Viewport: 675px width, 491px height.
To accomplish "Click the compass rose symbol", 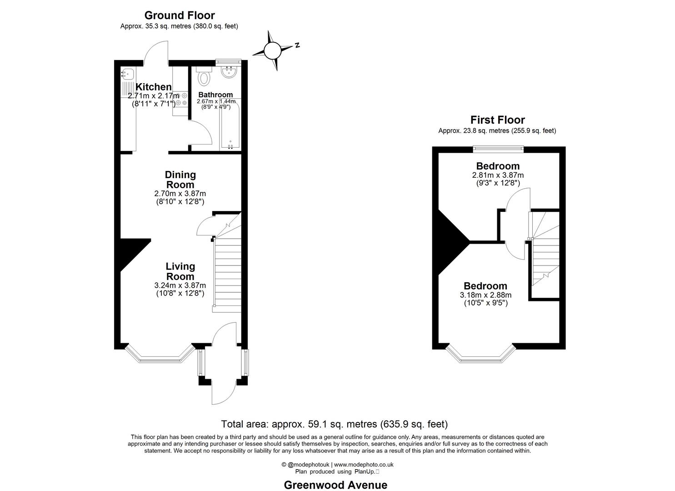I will pos(273,50).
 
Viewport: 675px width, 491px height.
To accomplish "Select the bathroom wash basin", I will pos(229,72).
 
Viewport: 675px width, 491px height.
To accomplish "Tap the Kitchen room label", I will pos(154,87).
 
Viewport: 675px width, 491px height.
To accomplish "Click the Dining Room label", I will pos(180,180).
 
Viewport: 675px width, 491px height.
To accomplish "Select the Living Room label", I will pos(180,271).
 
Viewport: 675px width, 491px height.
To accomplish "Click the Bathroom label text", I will pos(215,95).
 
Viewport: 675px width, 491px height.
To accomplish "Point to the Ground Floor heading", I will pos(179,15).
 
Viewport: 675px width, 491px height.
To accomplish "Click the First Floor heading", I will pos(497,120).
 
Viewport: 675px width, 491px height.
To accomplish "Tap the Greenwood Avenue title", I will pos(335,485).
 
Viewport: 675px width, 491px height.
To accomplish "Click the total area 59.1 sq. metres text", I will pos(334,424).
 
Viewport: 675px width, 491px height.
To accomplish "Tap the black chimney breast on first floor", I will pos(448,241).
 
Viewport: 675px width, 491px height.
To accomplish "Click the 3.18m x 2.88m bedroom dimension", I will pos(485,295).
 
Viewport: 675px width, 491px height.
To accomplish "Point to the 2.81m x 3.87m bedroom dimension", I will pos(498,175).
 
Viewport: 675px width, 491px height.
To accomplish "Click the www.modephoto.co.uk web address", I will pos(364,465).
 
